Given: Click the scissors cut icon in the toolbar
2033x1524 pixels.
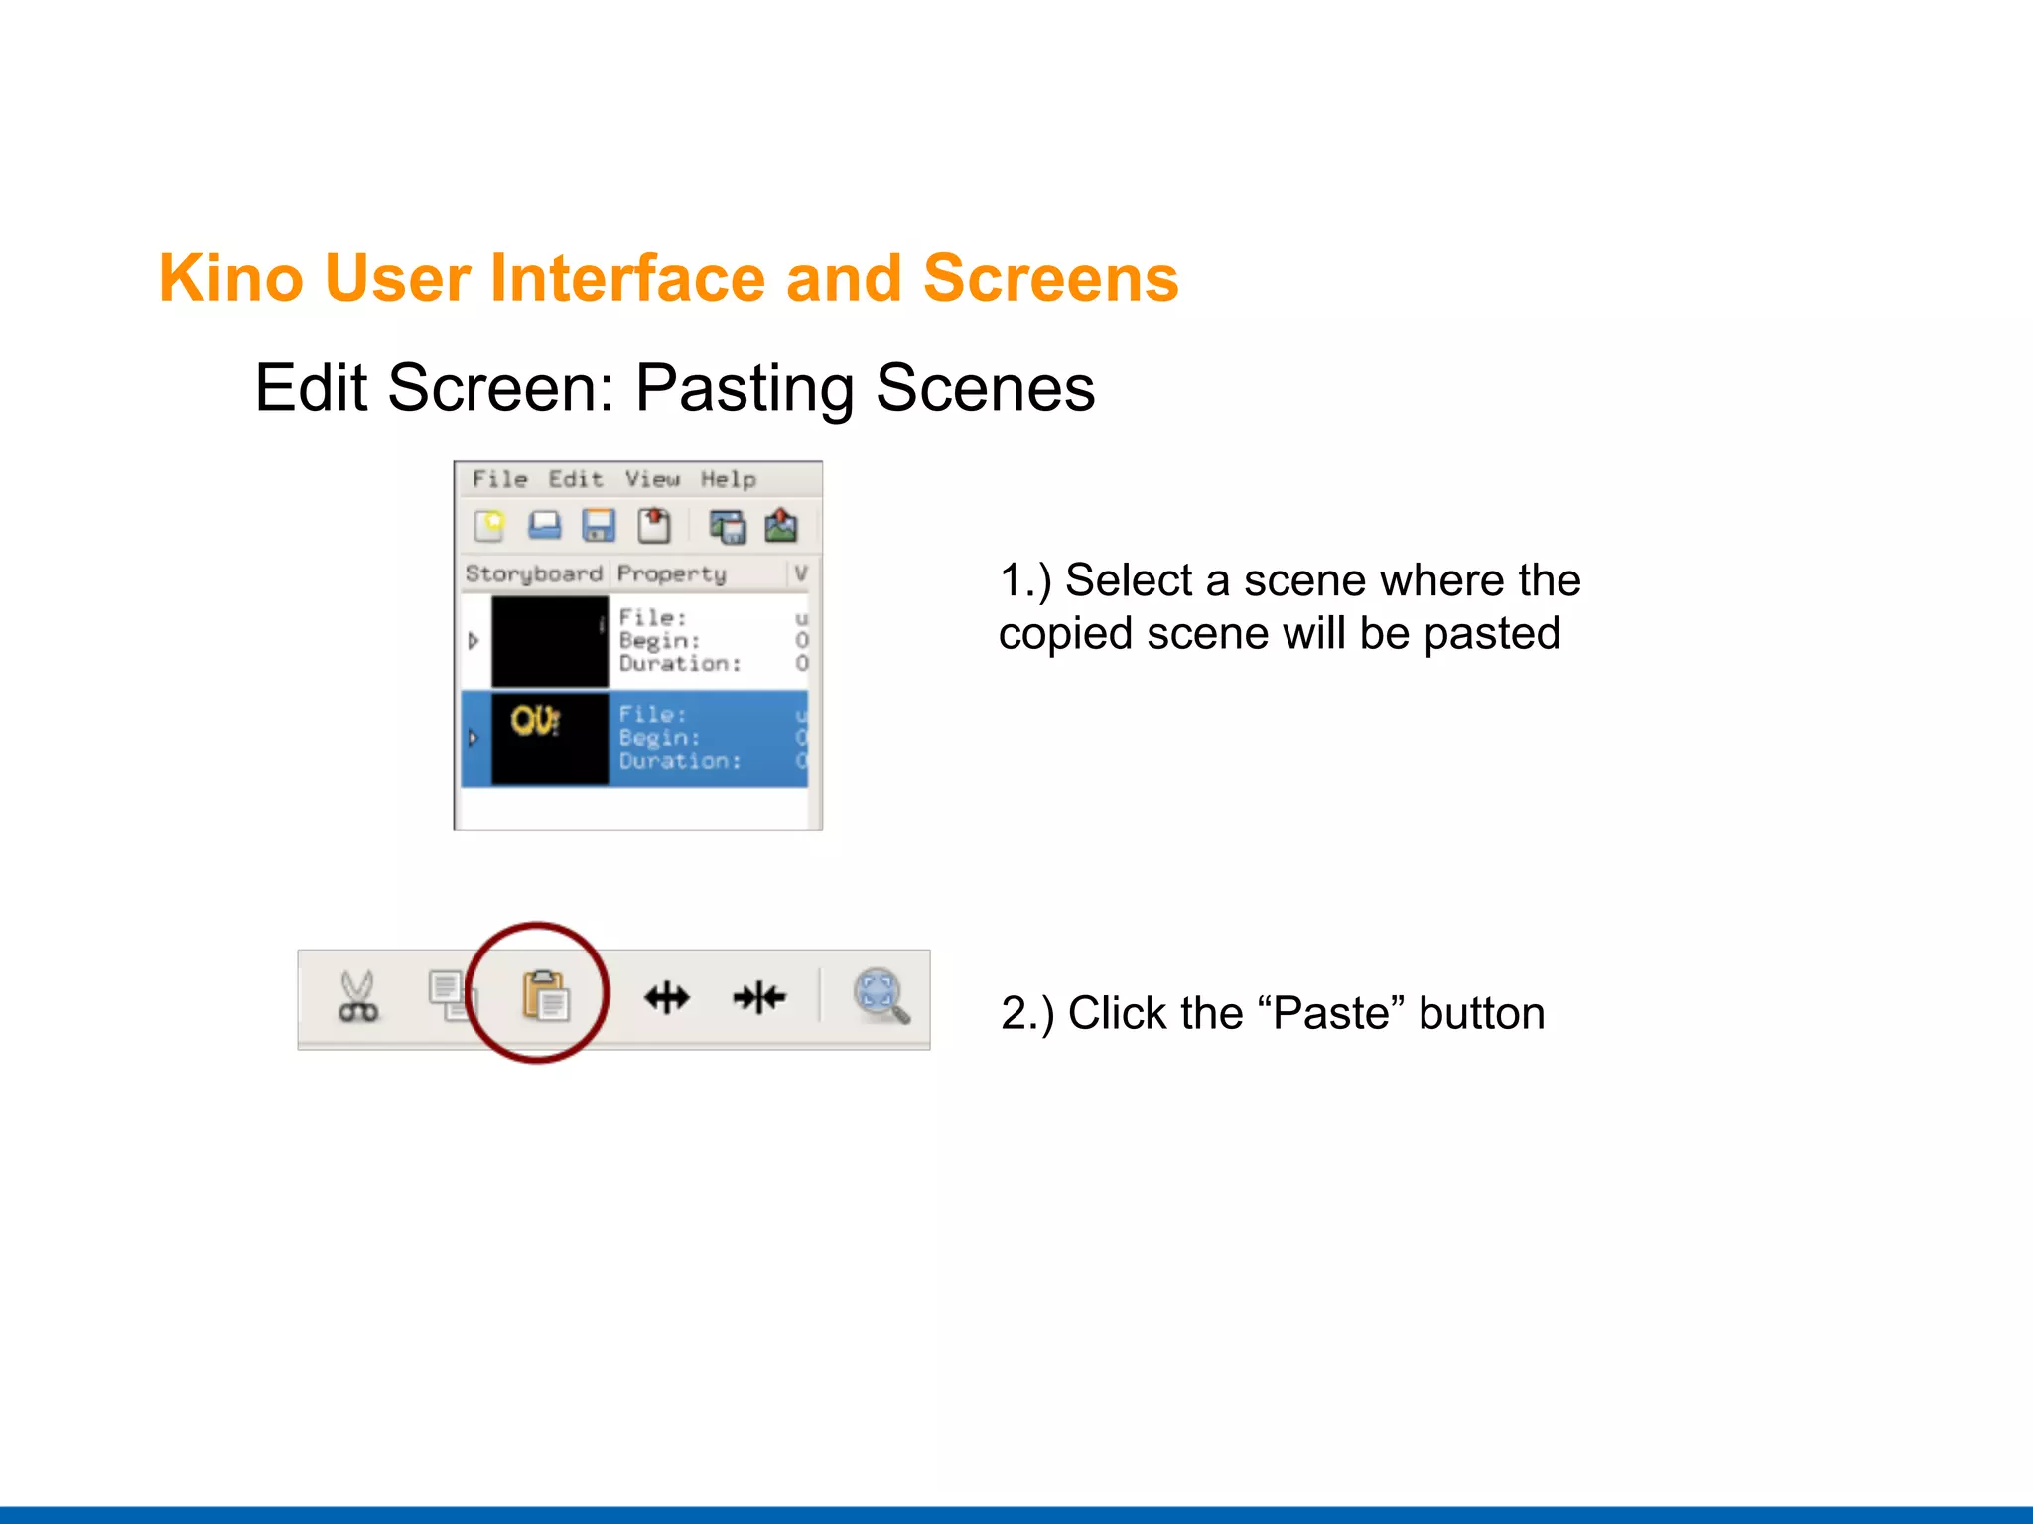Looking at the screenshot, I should tap(357, 996).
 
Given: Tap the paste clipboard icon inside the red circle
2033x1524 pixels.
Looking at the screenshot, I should tap(545, 995).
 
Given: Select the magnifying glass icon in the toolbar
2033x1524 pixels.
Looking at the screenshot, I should tap(881, 995).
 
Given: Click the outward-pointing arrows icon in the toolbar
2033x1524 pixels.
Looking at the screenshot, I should tap(667, 997).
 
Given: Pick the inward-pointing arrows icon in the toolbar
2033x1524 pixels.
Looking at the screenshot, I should tap(759, 997).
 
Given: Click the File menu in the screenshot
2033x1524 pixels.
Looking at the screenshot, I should tap(499, 479).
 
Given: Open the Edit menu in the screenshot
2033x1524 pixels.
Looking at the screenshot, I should tap(576, 479).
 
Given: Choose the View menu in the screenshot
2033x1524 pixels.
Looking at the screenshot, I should tap(652, 479).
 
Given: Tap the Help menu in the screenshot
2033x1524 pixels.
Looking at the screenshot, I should tap(728, 479).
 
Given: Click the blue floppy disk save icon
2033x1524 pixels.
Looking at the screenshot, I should tap(598, 525).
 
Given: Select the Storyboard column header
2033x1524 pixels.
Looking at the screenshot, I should tap(533, 573).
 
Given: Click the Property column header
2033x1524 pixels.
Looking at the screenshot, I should tap(671, 573).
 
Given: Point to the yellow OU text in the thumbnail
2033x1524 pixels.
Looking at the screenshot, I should tap(535, 721).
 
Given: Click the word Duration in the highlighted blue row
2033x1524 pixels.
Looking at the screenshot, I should tap(679, 761).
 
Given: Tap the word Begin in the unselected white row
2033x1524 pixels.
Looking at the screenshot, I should tap(658, 641).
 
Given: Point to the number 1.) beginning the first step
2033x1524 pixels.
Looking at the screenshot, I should tap(1024, 580).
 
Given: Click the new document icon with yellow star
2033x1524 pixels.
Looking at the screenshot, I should tap(489, 525).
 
